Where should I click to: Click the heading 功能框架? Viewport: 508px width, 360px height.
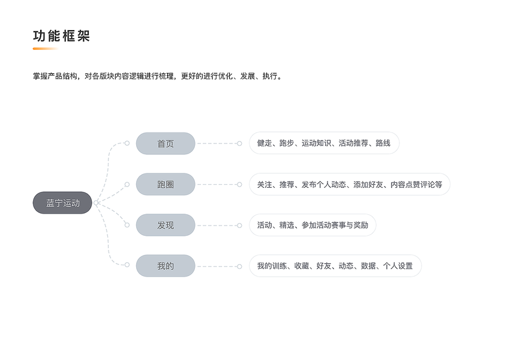pyautogui.click(x=61, y=36)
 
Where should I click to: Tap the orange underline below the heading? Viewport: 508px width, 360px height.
pyautogui.click(x=45, y=49)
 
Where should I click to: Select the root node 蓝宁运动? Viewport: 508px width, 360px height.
pyautogui.click(x=62, y=203)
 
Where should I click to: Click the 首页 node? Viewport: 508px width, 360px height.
pyautogui.click(x=166, y=143)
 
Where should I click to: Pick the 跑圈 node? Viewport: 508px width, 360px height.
pyautogui.click(x=166, y=184)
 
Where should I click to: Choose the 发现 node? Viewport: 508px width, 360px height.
pyautogui.click(x=166, y=225)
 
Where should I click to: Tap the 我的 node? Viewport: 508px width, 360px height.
pyautogui.click(x=166, y=266)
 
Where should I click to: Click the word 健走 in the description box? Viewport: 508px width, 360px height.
pyautogui.click(x=264, y=143)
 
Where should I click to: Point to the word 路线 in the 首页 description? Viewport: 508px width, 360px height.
pyautogui.click(x=383, y=143)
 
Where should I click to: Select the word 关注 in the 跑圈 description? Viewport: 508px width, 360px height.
pyautogui.click(x=264, y=184)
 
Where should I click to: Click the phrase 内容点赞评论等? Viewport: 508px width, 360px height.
pyautogui.click(x=416, y=184)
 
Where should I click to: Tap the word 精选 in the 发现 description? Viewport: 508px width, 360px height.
pyautogui.click(x=287, y=225)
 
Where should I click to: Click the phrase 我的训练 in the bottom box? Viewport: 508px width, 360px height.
pyautogui.click(x=272, y=266)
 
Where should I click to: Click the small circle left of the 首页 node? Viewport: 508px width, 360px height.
pyautogui.click(x=127, y=143)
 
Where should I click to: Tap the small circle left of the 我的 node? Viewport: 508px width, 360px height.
pyautogui.click(x=127, y=265)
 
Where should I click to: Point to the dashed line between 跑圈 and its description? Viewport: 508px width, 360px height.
pyautogui.click(x=217, y=184)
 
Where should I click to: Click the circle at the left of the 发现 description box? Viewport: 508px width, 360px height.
pyautogui.click(x=239, y=225)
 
